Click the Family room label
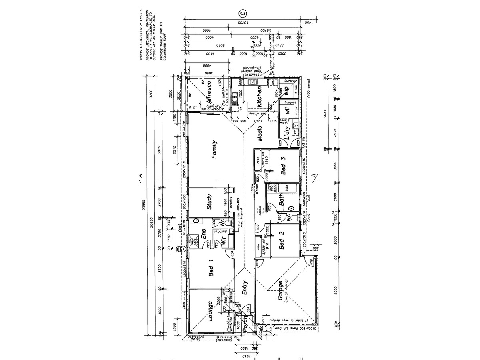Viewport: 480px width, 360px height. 214,150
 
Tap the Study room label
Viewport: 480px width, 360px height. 209,202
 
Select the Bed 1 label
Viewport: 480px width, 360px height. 211,268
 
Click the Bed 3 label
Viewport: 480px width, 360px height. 283,164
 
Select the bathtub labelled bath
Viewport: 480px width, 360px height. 286,188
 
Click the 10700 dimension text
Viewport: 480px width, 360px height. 242,23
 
